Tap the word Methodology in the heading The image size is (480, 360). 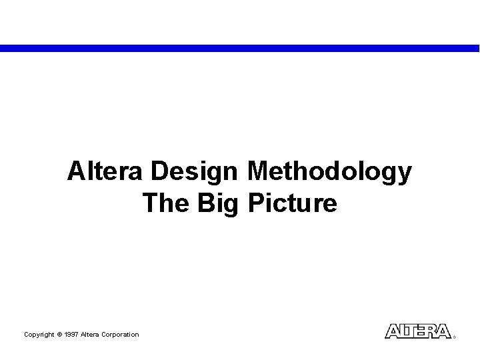329,173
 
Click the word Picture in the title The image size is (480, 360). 292,203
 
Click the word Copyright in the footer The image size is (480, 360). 39,334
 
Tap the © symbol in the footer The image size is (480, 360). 59,334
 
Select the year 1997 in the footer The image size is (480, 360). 71,334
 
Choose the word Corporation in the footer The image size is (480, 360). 121,334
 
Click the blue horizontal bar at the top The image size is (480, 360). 240,48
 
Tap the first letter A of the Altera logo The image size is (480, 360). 393,331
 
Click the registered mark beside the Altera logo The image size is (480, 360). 455,337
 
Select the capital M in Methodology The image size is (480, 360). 256,173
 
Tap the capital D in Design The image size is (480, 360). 158,173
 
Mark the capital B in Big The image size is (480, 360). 203,203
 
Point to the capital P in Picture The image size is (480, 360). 255,203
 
